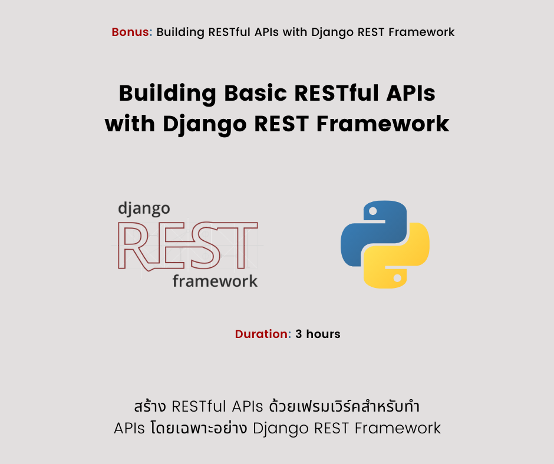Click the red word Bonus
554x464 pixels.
[130, 32]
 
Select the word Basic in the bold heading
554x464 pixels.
[255, 93]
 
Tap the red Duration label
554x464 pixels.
[262, 334]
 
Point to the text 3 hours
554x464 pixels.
[318, 334]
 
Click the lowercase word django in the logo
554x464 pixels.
[144, 209]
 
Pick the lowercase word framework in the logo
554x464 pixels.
[215, 281]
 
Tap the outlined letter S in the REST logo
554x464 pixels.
[205, 246]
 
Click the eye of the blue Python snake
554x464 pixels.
[372, 211]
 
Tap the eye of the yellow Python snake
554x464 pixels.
[397, 279]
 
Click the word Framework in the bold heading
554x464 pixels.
[382, 124]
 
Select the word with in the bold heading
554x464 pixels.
[130, 124]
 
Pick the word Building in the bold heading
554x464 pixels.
[167, 94]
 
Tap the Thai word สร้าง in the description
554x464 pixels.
[150, 406]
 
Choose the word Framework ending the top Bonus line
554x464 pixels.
[421, 32]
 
